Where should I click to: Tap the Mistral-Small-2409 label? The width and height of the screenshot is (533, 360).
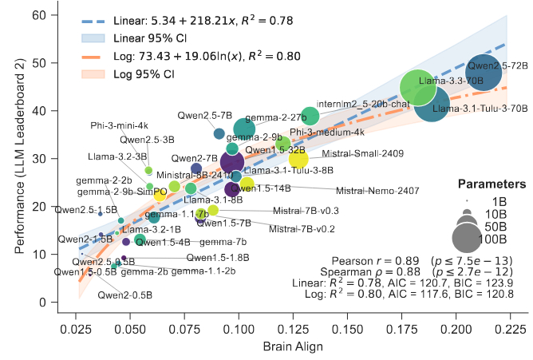pyautogui.click(x=368, y=153)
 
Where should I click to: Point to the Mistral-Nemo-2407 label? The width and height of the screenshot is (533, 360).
pyautogui.click(x=377, y=191)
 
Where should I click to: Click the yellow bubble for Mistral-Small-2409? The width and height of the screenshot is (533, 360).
pyautogui.click(x=298, y=158)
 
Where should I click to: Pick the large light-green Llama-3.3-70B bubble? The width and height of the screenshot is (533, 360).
pyautogui.click(x=413, y=89)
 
